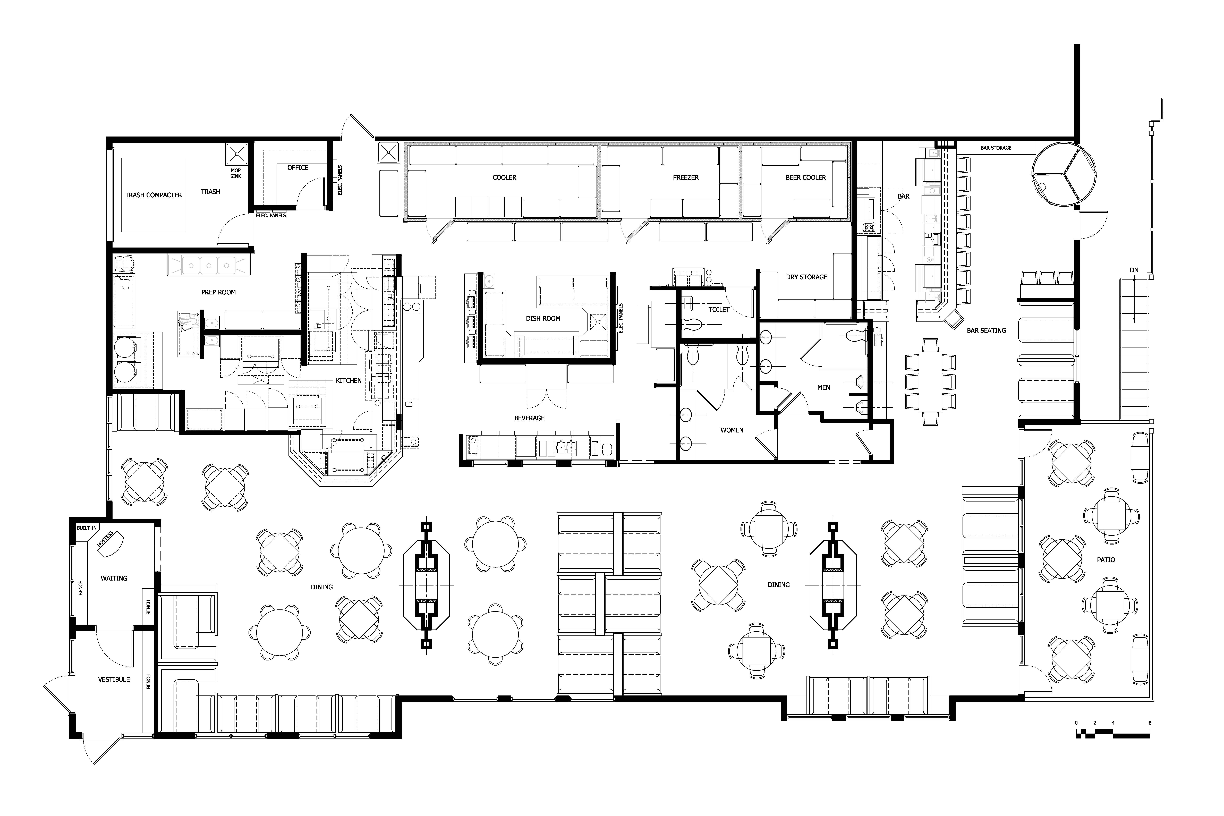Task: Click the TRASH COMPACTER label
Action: pos(154,195)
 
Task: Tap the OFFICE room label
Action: pos(298,168)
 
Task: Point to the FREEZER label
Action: pos(685,177)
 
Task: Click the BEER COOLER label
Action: pos(806,177)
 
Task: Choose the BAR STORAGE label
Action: pos(996,148)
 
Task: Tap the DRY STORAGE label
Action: pos(806,277)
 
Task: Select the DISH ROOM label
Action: pos(543,318)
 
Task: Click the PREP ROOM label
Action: pos(219,292)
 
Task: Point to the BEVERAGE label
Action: pos(529,418)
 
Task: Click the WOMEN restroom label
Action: pos(732,430)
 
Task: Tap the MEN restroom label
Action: pos(823,387)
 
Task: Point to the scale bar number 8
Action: pos(1150,723)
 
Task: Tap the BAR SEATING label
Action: pos(986,330)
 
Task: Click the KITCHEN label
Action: pos(348,380)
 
